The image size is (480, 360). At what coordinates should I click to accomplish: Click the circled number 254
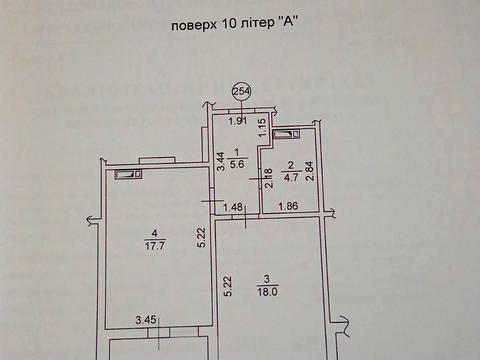point(241,91)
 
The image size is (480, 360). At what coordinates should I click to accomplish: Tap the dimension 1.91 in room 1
point(238,121)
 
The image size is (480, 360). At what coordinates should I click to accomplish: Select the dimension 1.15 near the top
point(263,126)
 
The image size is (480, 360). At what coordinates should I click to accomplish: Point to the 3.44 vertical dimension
point(221,161)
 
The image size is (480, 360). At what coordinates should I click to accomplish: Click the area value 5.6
point(237,164)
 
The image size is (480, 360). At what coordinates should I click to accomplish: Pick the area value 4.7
point(291,177)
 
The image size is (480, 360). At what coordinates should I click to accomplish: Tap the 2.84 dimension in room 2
point(310,171)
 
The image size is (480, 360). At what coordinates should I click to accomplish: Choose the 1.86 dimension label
point(288,206)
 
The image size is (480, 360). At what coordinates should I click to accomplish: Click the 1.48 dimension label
point(233,208)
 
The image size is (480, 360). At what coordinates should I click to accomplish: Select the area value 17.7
point(155,246)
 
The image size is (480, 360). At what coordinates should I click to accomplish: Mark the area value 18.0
point(268,292)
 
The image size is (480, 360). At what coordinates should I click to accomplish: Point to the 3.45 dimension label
point(146,320)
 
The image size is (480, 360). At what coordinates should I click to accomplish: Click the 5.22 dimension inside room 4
point(202,237)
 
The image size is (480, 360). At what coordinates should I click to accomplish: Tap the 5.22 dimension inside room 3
point(228,286)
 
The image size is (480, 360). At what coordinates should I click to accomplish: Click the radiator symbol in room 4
point(128,174)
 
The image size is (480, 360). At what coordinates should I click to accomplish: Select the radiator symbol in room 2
point(286,134)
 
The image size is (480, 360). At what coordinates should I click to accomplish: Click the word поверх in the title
point(193,26)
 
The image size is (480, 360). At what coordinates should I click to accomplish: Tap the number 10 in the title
point(226,24)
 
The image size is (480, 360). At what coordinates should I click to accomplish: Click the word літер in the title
point(255,25)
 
